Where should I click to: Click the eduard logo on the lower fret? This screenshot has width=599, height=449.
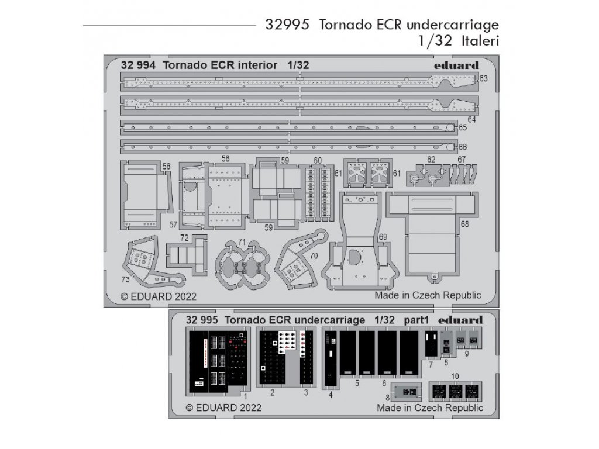point(460,320)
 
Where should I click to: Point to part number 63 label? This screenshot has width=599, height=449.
point(483,78)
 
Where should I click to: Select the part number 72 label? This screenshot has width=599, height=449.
point(185,239)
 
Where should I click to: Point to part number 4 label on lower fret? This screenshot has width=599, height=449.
point(330,395)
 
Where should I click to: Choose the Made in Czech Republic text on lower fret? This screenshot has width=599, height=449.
point(430,407)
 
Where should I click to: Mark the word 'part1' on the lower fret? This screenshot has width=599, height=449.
point(416,320)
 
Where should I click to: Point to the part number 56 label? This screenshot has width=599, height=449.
point(167,167)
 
